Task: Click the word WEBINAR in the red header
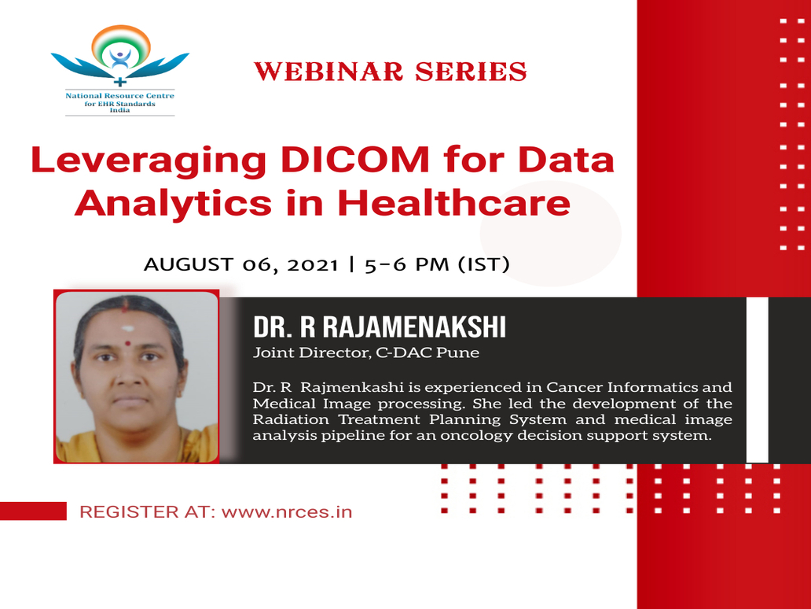point(328,72)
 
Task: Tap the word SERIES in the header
point(471,72)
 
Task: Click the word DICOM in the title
point(355,160)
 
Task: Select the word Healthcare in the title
point(454,202)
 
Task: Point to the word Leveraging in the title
point(149,161)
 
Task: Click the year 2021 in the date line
point(313,264)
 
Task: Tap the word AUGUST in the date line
point(189,264)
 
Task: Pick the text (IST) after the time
point(484,264)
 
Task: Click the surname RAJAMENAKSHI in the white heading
point(414,327)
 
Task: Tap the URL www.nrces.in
point(287,512)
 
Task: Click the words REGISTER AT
point(148,512)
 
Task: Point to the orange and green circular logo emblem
point(120,50)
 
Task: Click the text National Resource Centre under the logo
point(120,96)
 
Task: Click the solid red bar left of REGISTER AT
point(33,511)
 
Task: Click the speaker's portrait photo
point(137,376)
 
